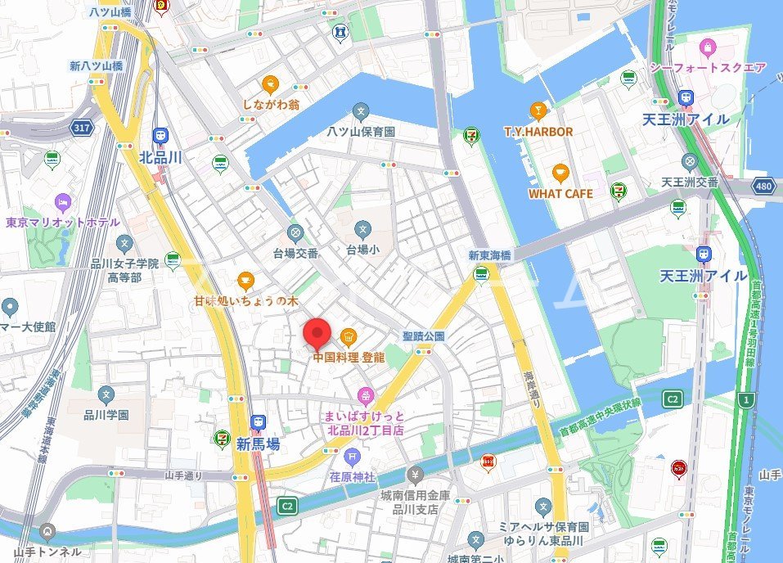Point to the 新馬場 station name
(258, 444)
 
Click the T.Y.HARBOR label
(538, 131)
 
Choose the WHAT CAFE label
(560, 194)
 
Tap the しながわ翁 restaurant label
(271, 105)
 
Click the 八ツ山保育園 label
(361, 132)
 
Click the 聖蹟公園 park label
(423, 336)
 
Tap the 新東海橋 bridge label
(489, 255)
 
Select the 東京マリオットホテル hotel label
(62, 222)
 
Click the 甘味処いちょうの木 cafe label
(245, 300)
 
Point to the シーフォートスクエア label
(707, 67)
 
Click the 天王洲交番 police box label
(689, 182)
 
